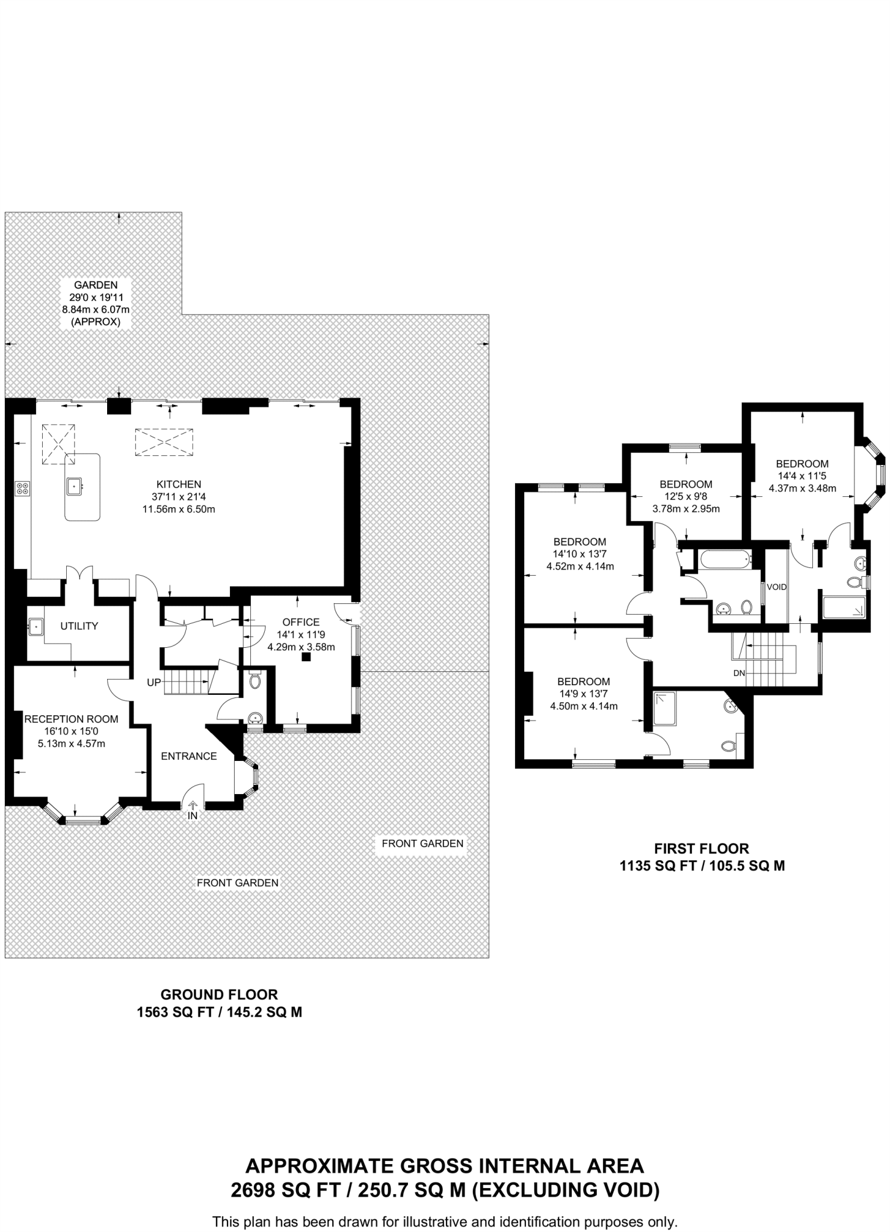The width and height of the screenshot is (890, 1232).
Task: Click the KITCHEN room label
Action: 179,484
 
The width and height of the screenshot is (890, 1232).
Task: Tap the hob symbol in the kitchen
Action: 22,488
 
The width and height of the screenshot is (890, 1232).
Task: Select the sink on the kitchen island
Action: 75,485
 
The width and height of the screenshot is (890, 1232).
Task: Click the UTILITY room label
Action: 79,626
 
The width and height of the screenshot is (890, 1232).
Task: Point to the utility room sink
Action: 36,627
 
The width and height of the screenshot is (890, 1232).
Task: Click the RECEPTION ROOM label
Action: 71,719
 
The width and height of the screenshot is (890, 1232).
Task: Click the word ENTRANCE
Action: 189,756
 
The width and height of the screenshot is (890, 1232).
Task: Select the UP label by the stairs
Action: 154,683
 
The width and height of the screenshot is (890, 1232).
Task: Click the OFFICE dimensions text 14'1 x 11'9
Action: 301,635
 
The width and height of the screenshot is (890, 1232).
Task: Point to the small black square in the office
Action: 306,658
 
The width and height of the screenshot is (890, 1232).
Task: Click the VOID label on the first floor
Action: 776,587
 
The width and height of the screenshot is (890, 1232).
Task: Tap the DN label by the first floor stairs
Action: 739,673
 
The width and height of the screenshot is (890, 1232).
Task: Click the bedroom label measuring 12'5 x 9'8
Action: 686,484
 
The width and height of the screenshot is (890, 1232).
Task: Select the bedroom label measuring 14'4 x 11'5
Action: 802,464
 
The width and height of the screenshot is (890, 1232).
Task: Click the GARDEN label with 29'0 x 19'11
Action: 96,285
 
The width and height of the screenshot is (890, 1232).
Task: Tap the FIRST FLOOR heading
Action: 702,849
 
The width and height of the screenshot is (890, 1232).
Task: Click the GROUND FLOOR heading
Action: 219,995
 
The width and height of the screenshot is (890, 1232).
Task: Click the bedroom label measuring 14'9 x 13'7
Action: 584,682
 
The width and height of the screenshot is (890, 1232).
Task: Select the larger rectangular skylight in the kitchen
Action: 164,442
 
